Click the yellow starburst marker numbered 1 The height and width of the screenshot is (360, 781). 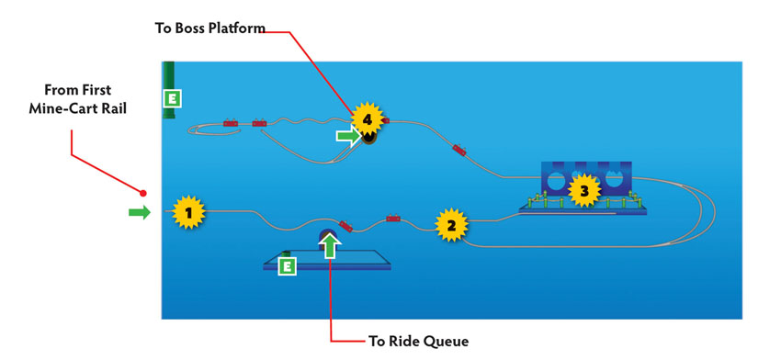188,213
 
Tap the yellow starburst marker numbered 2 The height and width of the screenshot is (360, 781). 451,225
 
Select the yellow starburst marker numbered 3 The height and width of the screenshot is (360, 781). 584,190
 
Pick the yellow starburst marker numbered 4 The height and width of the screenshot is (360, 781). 368,119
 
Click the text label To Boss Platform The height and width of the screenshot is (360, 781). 210,28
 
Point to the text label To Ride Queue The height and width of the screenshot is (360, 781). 418,341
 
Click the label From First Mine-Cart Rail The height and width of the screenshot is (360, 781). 78,99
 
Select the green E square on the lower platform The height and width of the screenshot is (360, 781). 287,266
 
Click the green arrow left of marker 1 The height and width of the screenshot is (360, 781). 140,213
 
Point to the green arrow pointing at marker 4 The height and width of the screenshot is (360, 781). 349,136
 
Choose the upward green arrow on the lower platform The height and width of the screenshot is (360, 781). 329,245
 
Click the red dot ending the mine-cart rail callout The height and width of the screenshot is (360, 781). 143,193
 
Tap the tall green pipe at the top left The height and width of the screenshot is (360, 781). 169,90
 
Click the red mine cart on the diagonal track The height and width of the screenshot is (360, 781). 459,150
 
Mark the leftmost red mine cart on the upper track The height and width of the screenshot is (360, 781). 230,123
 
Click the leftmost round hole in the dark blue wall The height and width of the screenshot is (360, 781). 554,182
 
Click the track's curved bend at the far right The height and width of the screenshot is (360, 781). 714,211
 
